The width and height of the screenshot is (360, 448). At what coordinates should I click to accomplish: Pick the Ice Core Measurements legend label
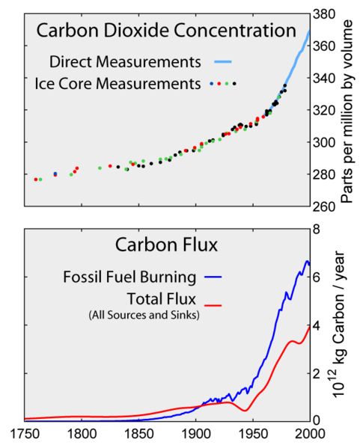pyautogui.click(x=118, y=82)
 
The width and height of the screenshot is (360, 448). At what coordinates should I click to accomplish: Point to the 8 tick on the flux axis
pyautogui.click(x=317, y=230)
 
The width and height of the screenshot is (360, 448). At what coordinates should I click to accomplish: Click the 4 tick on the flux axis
pyautogui.click(x=317, y=325)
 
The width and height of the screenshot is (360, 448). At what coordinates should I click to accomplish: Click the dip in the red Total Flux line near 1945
pyautogui.click(x=244, y=411)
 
